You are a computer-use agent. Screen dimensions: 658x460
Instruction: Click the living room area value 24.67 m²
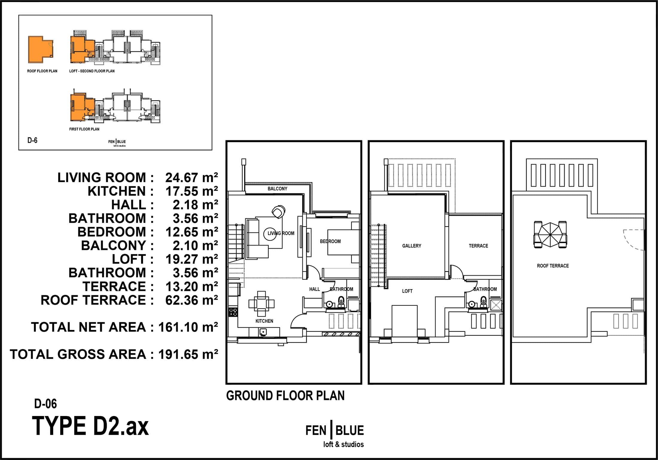click(192, 178)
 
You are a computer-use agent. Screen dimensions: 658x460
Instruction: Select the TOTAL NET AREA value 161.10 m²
click(188, 327)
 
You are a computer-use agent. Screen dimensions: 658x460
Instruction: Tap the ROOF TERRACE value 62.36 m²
click(192, 300)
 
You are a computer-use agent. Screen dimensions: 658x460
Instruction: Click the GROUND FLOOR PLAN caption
click(285, 395)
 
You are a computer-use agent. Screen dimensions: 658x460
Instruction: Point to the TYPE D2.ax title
click(90, 426)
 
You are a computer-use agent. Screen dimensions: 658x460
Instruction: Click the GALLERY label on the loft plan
click(412, 246)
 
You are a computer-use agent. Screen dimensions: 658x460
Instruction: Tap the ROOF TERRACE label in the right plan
click(553, 266)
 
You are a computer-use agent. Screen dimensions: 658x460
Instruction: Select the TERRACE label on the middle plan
click(478, 246)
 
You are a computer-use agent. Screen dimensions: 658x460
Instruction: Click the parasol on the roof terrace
click(550, 235)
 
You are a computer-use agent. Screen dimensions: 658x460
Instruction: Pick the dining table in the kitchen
click(261, 304)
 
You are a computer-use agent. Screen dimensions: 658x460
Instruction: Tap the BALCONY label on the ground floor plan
click(277, 189)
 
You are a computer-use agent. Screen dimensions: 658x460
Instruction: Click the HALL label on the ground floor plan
click(314, 289)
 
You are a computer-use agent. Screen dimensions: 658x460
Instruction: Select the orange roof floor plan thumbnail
click(40, 50)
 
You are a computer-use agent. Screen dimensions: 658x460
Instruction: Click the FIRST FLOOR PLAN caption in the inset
click(84, 129)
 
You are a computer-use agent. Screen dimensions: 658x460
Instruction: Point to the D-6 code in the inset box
click(32, 140)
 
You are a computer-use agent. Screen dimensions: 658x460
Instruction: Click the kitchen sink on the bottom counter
click(263, 332)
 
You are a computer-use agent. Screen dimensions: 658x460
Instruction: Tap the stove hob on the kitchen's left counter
click(233, 312)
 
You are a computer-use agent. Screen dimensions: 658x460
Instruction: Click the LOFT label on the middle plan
click(407, 291)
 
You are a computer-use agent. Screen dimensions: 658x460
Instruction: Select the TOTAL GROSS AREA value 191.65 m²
click(188, 354)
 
